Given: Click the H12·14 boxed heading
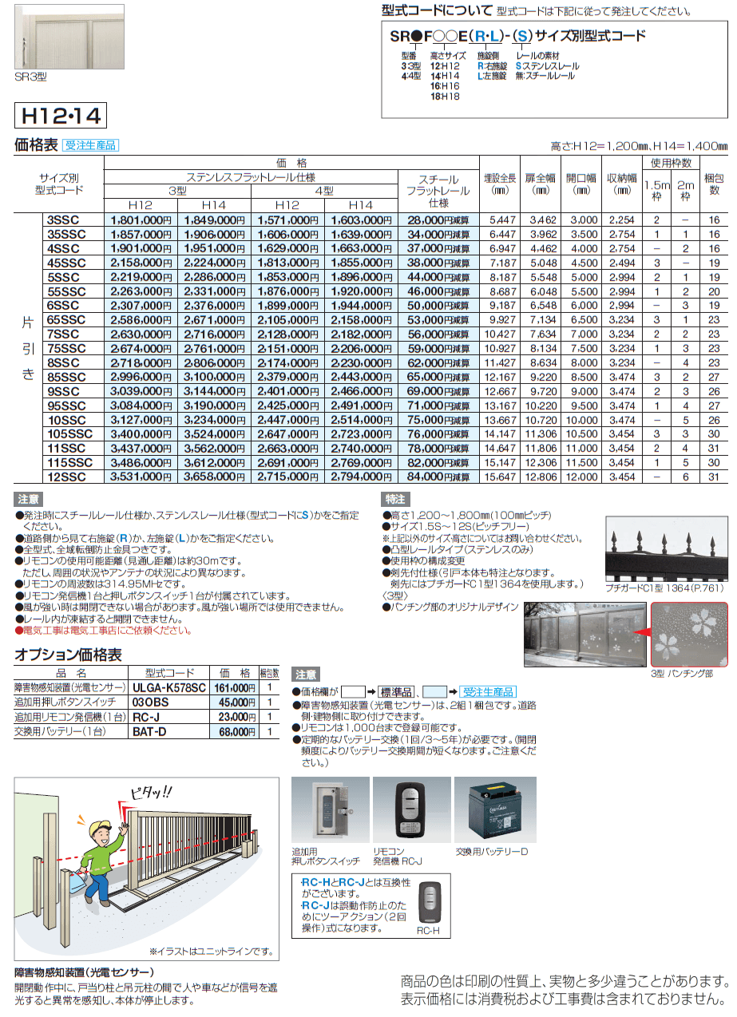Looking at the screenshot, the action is (x=60, y=117).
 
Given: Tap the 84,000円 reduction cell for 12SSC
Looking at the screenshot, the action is (x=437, y=477).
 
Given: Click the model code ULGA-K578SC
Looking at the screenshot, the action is (x=168, y=687).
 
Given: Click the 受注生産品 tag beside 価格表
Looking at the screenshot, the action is (x=91, y=145).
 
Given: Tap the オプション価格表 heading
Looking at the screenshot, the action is (x=69, y=654).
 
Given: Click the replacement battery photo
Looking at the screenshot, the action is (x=490, y=813).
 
